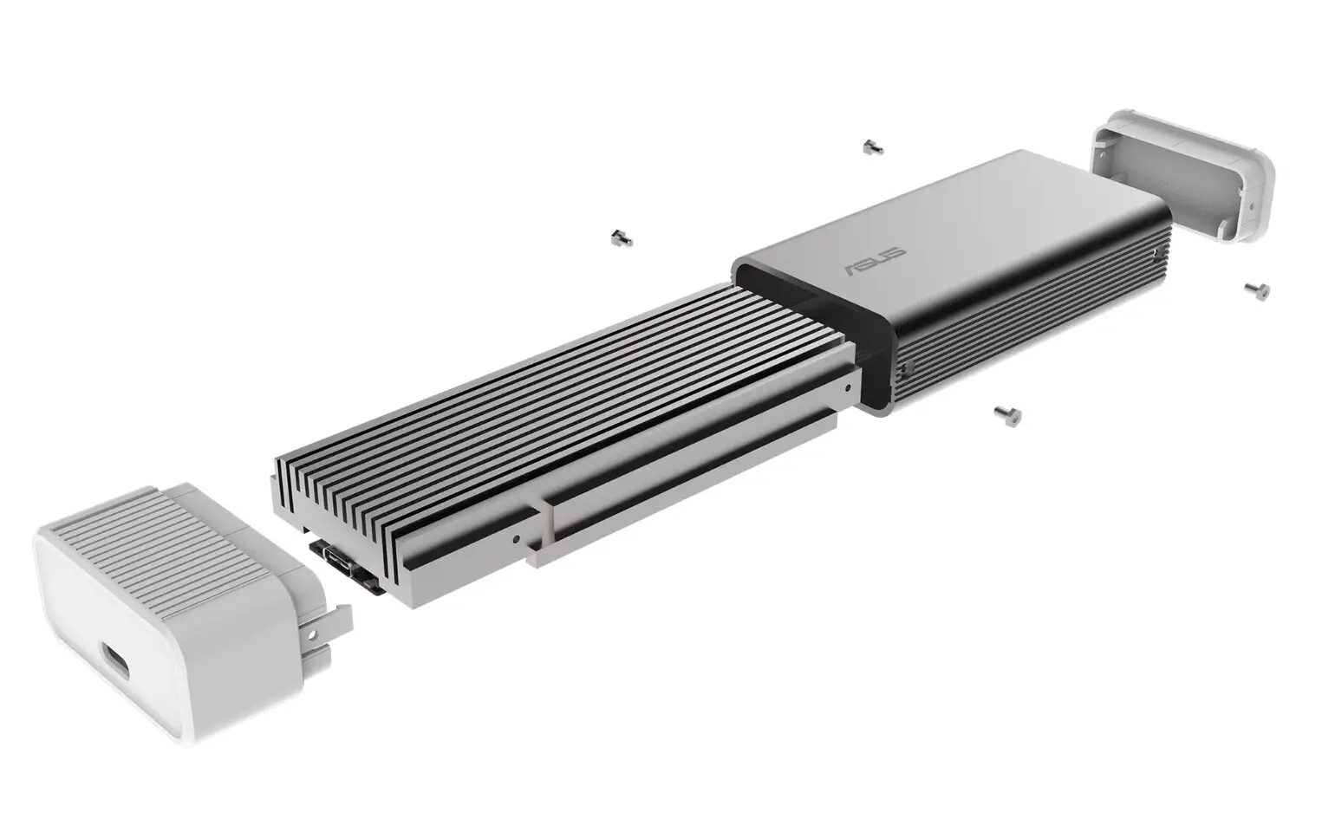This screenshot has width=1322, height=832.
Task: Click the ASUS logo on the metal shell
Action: (x=876, y=260)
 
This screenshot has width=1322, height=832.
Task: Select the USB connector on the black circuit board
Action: (x=337, y=556)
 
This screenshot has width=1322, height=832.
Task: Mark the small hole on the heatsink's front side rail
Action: (x=517, y=538)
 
